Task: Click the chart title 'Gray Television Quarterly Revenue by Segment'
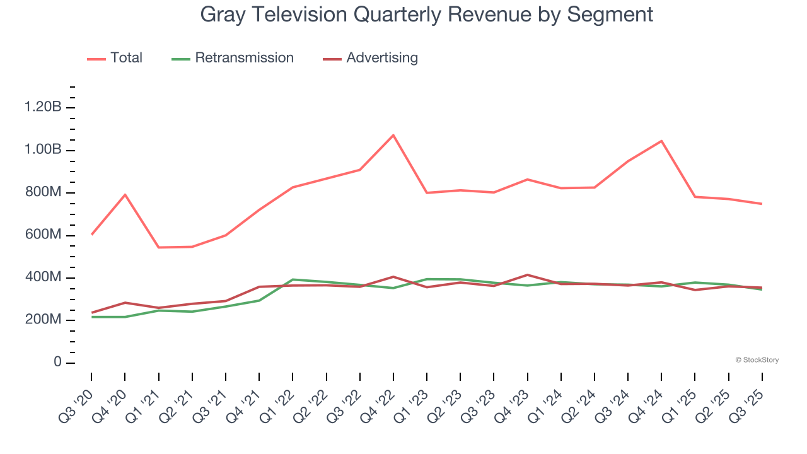(x=427, y=14)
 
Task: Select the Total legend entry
(x=126, y=58)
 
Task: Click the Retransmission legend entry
(x=244, y=58)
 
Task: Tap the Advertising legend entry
(x=381, y=58)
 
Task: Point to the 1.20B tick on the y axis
(x=43, y=107)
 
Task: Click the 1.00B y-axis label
(x=43, y=150)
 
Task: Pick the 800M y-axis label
(x=43, y=192)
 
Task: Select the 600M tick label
(x=43, y=235)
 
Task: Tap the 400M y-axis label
(x=43, y=277)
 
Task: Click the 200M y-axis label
(x=43, y=320)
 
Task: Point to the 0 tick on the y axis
(x=58, y=363)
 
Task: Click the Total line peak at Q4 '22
(x=393, y=135)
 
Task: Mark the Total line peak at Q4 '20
(x=125, y=194)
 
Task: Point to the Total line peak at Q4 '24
(x=661, y=141)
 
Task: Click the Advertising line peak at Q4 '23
(x=527, y=275)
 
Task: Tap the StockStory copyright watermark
(x=757, y=360)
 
